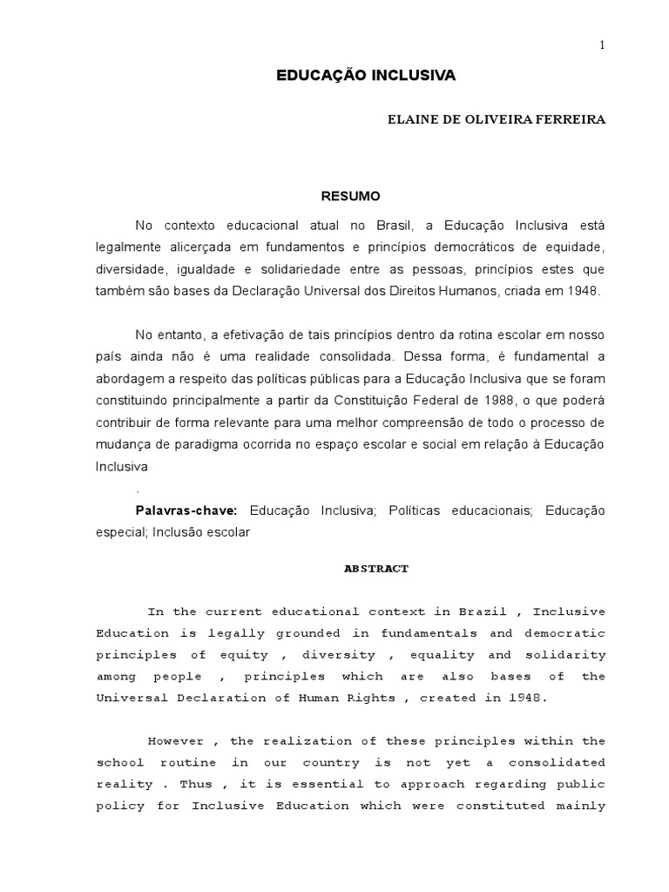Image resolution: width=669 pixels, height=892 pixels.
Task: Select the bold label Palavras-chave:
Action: point(186,510)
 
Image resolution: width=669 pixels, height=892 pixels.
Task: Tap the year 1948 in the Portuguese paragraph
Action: point(582,290)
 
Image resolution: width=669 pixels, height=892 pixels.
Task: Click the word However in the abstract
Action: point(176,741)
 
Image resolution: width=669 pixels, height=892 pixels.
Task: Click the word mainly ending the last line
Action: point(581,806)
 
